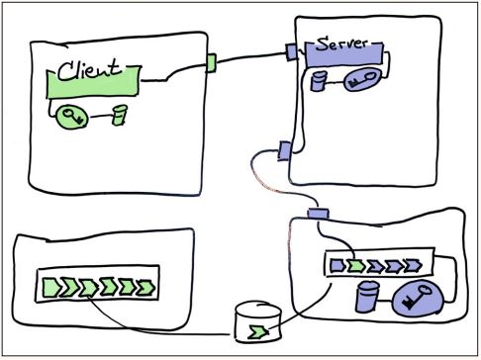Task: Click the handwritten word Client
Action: point(89,70)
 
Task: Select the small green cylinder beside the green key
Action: point(120,116)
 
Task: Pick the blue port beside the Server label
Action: point(291,50)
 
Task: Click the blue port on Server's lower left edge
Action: point(284,150)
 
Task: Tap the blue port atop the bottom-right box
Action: point(319,214)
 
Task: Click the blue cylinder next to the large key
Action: point(368,296)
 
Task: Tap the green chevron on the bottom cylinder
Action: point(258,329)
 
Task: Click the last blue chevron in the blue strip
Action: point(421,265)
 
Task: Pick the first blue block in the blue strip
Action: point(336,265)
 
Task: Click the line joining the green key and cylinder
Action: point(99,118)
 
